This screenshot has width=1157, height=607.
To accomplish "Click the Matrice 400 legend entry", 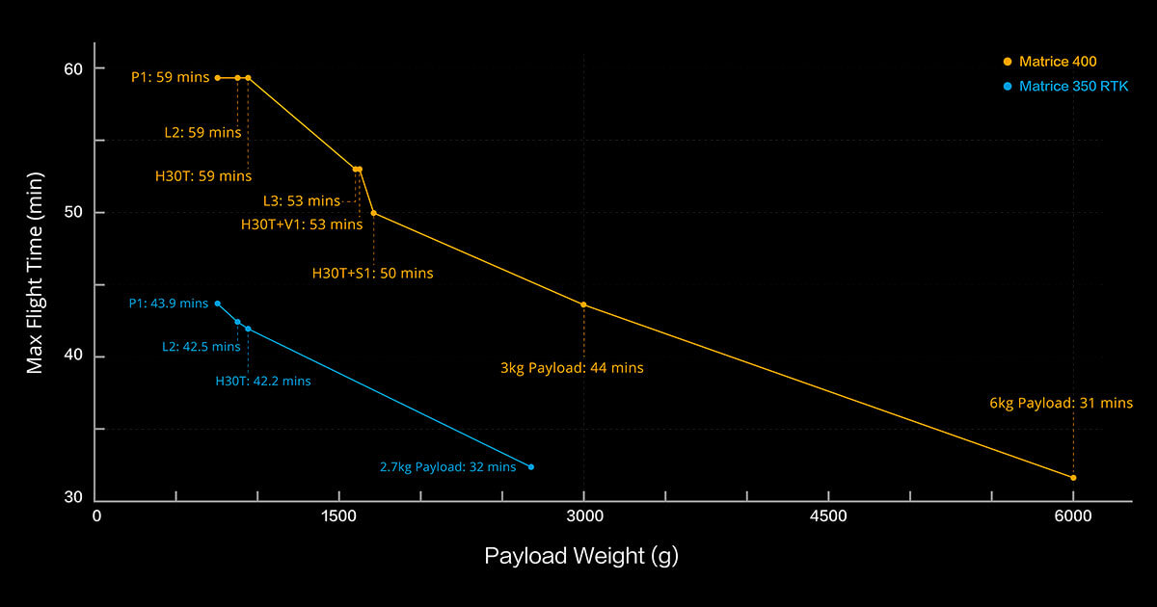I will tap(1057, 62).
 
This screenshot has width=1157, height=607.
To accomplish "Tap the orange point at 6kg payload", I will tap(1073, 478).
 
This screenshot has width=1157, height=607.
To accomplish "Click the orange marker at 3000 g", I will tap(583, 304).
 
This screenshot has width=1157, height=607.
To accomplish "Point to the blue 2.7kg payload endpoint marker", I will tap(530, 466).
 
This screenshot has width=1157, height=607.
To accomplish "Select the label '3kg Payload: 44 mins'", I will tap(584, 367).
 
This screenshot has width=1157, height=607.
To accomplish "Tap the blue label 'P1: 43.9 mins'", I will tap(168, 303).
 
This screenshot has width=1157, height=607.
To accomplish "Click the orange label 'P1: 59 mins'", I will tap(170, 77).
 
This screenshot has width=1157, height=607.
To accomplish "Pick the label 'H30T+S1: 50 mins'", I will tap(372, 273).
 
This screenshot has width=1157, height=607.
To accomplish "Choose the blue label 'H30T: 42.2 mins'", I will tap(262, 381).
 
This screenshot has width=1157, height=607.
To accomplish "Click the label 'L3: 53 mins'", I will tap(301, 200).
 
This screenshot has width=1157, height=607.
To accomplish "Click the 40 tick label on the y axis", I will tap(74, 356).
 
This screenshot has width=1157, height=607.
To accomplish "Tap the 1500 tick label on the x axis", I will tap(340, 516).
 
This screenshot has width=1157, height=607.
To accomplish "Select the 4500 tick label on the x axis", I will tap(829, 516).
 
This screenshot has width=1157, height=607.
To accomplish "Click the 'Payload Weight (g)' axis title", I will tap(581, 556).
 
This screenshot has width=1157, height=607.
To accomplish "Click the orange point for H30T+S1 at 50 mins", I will tap(373, 213).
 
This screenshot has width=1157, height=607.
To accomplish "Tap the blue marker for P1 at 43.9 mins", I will tap(217, 303).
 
